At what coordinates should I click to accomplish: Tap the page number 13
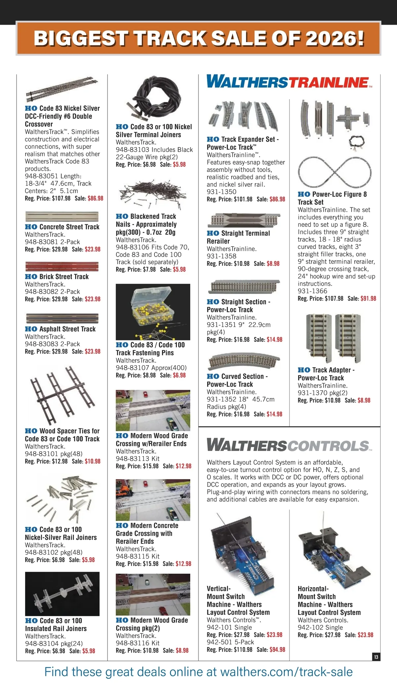pos(376,657)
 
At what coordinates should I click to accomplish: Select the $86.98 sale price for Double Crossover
pos(96,198)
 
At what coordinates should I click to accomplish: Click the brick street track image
pos(62,266)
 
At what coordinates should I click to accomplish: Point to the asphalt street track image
pos(62,319)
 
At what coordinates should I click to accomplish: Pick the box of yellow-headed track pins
pos(153,312)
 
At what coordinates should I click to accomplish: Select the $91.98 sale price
pos(368,299)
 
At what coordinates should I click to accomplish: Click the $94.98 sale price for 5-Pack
pos(277,649)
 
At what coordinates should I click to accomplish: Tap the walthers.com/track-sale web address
pos(287,672)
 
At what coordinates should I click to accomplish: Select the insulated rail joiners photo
pos(62,594)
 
